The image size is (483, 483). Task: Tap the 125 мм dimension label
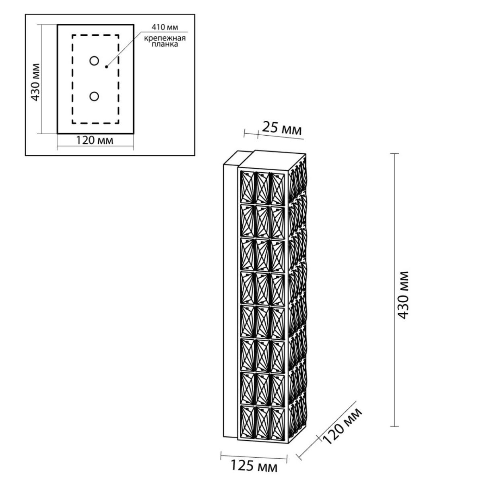[254, 466]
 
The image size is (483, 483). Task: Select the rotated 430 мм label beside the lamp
[403, 295]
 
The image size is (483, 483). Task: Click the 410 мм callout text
[165, 27]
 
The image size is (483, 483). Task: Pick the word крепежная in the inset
[165, 39]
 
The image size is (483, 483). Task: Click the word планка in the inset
[165, 45]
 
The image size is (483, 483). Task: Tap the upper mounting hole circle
[94, 61]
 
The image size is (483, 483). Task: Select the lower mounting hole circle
[94, 97]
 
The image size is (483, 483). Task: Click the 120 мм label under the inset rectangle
[95, 140]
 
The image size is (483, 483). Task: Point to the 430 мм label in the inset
[35, 82]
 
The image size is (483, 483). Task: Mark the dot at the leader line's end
[107, 67]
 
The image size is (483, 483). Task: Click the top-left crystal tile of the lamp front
[248, 187]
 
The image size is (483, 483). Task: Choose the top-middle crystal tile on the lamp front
[262, 188]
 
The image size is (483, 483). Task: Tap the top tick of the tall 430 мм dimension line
[394, 153]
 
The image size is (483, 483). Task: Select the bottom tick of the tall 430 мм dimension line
[394, 426]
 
